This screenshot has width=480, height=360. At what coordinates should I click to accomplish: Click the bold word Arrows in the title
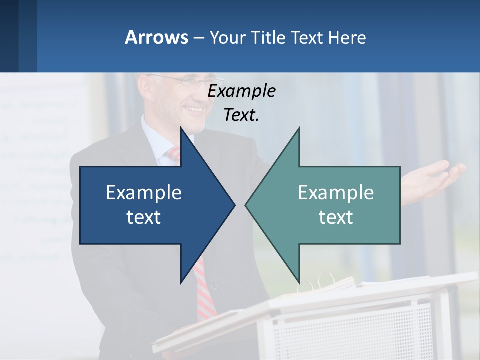156,37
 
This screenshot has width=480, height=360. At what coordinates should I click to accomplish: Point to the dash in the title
198,38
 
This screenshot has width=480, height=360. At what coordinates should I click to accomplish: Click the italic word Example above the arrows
241,91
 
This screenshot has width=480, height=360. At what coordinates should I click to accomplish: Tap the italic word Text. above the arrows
241,115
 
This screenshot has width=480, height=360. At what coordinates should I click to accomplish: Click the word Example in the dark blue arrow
144,192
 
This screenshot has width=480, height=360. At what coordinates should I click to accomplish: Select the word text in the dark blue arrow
144,217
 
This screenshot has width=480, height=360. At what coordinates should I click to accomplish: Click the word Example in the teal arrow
336,192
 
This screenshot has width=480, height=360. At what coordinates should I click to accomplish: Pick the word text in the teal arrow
336,217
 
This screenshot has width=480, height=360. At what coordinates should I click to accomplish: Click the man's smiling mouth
194,109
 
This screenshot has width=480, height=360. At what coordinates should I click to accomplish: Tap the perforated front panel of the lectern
350,330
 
